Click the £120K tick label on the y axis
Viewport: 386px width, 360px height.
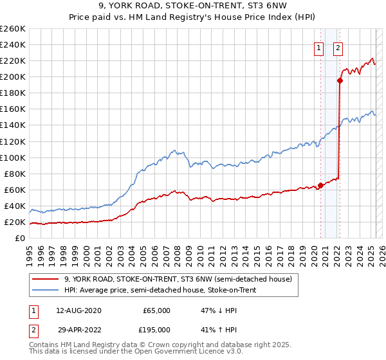[12, 141]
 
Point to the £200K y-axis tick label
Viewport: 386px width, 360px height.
[12, 76]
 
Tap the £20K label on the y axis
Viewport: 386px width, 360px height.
[15, 222]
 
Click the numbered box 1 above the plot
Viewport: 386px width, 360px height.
[318, 47]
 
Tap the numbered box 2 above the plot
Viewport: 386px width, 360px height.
[338, 47]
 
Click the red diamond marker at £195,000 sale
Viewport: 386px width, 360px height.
[340, 80]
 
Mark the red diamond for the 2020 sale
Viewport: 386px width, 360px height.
[320, 186]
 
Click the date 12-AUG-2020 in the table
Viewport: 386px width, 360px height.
[79, 310]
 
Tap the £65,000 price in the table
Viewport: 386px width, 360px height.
[156, 310]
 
